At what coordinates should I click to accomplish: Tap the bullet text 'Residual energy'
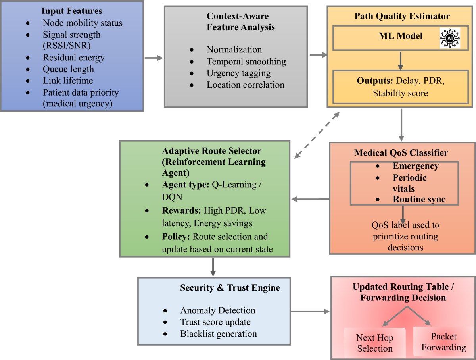coord(73,58)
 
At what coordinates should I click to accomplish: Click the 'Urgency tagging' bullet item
coord(238,73)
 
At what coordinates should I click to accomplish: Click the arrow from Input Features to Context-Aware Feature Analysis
coord(154,58)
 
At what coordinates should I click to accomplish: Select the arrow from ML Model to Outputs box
coord(401,61)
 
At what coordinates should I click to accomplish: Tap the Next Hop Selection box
coord(374,343)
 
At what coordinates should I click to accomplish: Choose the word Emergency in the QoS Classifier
coord(415,166)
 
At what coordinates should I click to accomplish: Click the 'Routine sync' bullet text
coord(419,199)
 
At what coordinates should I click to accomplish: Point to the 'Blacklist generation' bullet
coord(218,333)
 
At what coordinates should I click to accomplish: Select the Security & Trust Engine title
coord(230,288)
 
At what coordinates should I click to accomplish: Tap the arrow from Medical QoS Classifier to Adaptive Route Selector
coord(310,199)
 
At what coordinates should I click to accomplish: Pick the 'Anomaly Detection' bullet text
coord(217,310)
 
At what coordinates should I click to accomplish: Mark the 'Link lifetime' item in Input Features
coord(67,81)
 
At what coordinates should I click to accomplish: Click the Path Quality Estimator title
coord(402,16)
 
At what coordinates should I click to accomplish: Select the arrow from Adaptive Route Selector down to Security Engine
coord(213,267)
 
